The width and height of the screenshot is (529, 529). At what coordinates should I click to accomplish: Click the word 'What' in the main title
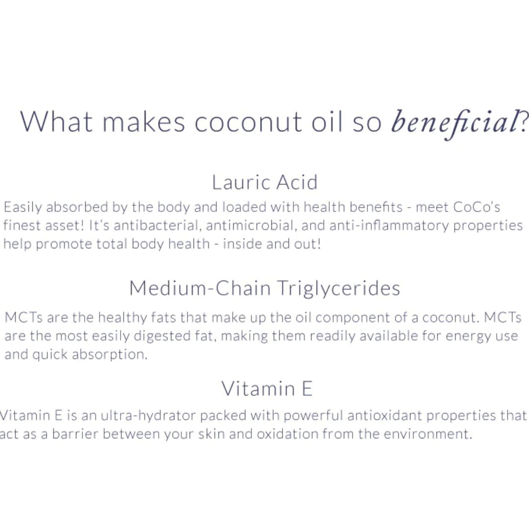coord(56,121)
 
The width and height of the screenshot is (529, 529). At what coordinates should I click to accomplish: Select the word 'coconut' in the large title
coord(248,122)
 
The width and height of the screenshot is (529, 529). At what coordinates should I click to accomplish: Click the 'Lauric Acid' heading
coord(265,182)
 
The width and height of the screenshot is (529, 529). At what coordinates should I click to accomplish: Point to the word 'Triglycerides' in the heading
coord(338,289)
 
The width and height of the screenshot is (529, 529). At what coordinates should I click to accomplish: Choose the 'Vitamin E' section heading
coord(267,388)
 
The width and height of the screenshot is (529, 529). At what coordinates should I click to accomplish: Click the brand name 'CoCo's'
coord(477,207)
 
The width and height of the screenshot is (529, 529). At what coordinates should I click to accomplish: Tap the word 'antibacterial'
coord(158,225)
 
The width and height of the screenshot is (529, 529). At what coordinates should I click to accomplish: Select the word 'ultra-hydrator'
coord(148,416)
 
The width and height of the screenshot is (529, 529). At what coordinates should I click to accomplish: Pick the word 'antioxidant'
coord(385,416)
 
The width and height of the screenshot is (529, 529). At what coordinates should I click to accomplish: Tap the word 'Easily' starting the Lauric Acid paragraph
coord(23,207)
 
